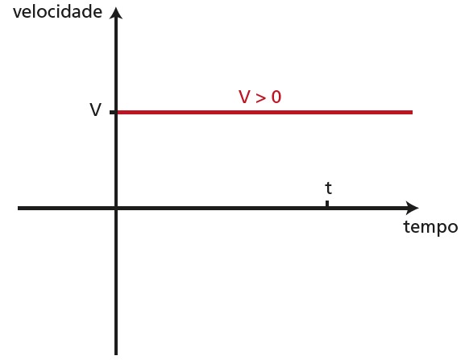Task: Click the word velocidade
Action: coord(57,12)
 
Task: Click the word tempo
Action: coord(430,228)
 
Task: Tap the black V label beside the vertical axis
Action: coord(95,110)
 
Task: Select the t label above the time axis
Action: coord(328,188)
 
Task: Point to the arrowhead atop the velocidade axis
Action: coord(116,13)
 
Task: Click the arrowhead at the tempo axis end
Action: coord(413,208)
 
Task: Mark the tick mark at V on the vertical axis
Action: coord(113,112)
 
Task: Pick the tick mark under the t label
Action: coord(327,204)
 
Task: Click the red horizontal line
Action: coord(265,112)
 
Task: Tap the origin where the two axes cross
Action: coord(116,209)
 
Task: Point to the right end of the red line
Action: coord(412,112)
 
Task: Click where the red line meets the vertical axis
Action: coord(117,112)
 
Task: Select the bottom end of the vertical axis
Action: coord(116,354)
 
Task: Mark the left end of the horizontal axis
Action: coord(19,209)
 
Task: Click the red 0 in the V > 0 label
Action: coord(276,97)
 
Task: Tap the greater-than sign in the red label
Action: coord(260,98)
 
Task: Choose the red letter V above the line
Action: coord(245,97)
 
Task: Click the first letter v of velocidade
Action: coord(17,14)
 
